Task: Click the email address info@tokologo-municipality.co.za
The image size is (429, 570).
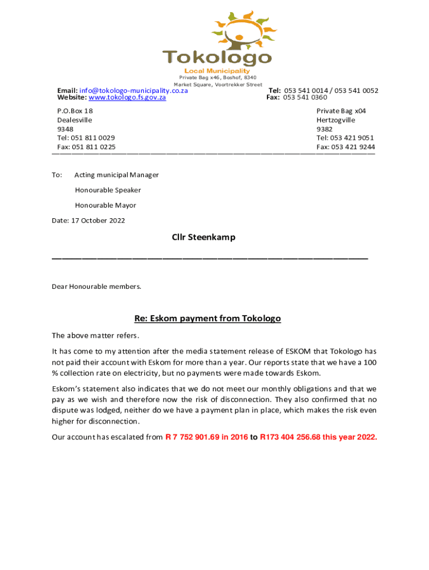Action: click(134, 91)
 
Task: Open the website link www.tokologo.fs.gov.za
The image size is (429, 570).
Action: click(128, 97)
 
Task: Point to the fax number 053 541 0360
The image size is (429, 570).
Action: click(305, 97)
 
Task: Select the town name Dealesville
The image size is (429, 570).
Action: click(75, 120)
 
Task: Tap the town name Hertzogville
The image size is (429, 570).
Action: click(335, 120)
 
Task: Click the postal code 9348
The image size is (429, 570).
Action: click(65, 129)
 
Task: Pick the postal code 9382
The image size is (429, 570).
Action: click(324, 129)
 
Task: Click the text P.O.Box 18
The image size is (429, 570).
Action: click(75, 111)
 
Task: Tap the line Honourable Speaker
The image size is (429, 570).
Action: click(108, 190)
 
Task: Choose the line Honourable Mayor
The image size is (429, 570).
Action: click(105, 205)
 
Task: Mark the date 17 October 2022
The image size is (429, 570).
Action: click(97, 220)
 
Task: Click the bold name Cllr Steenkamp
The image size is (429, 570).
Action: click(203, 238)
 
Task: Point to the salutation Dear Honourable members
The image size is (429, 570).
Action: click(96, 287)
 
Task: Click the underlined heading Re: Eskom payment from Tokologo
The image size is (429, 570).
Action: click(207, 319)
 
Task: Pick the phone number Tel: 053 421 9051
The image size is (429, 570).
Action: click(345, 138)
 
